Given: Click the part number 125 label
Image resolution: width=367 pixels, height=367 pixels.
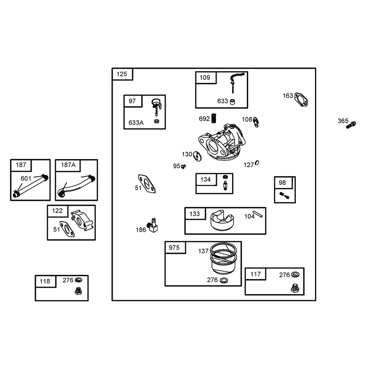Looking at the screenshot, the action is pyautogui.click(x=122, y=74).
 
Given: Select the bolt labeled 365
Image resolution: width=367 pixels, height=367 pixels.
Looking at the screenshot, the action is pyautogui.click(x=351, y=125).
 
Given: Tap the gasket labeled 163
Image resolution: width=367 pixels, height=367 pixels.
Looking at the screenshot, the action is pyautogui.click(x=301, y=100).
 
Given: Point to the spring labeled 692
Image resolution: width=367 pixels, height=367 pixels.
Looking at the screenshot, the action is pyautogui.click(x=214, y=118).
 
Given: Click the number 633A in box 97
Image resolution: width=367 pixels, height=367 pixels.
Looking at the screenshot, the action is pyautogui.click(x=136, y=122).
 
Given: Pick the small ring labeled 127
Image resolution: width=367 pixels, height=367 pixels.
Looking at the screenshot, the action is pyautogui.click(x=257, y=163).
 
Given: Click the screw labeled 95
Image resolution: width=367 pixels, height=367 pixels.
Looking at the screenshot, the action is pyautogui.click(x=183, y=166).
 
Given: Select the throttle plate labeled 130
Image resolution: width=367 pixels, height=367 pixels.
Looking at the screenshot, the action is pyautogui.click(x=198, y=156).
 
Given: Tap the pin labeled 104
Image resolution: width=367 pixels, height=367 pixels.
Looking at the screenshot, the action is pyautogui.click(x=257, y=214).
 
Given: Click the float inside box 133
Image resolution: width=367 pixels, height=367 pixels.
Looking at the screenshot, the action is pyautogui.click(x=222, y=221).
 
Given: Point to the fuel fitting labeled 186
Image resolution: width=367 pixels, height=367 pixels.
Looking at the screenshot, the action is pyautogui.click(x=153, y=225).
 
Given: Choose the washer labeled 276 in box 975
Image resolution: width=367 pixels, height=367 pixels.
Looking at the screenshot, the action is pyautogui.click(x=224, y=280).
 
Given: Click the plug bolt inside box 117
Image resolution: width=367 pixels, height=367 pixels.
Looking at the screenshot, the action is pyautogui.click(x=295, y=288).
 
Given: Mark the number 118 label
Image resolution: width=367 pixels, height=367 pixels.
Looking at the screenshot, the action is pyautogui.click(x=44, y=281).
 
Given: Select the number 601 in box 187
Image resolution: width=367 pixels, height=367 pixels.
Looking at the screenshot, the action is pyautogui.click(x=26, y=178).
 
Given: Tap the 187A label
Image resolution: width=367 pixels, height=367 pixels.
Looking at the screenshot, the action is pyautogui.click(x=68, y=165).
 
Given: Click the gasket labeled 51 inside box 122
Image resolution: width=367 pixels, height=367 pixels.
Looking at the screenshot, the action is pyautogui.click(x=67, y=229).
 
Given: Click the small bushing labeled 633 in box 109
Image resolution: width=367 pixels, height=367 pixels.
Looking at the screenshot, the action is pyautogui.click(x=232, y=102).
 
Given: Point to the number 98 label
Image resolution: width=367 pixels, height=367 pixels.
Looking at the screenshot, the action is pyautogui.click(x=282, y=183).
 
